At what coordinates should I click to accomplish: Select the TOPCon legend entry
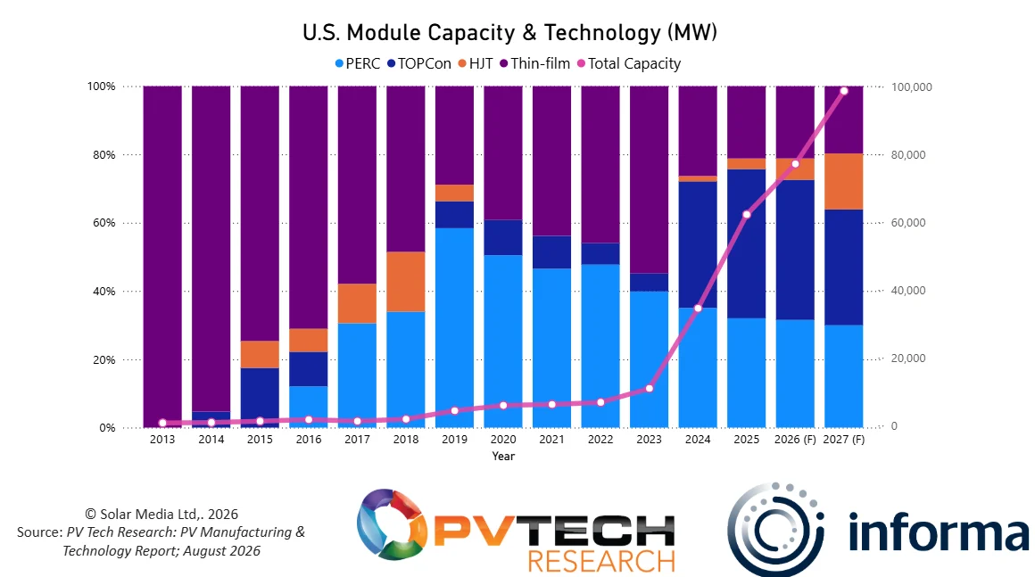(419, 63)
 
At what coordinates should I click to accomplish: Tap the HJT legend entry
(476, 63)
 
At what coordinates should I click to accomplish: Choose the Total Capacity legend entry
(629, 63)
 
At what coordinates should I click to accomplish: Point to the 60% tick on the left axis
(103, 223)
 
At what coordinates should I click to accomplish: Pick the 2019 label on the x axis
(454, 439)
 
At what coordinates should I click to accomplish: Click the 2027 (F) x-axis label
(843, 439)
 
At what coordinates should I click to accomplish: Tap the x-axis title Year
(503, 456)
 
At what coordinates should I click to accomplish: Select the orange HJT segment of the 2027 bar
(843, 181)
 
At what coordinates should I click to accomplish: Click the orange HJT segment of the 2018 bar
(406, 282)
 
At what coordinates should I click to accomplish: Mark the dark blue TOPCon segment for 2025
(747, 244)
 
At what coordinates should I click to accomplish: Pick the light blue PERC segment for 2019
(454, 327)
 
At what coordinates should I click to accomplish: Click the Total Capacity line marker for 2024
(698, 309)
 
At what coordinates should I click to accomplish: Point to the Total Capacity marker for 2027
(843, 91)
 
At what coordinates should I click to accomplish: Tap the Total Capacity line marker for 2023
(649, 389)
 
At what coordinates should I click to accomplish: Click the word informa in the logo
(939, 532)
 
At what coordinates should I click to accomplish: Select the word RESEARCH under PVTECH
(601, 561)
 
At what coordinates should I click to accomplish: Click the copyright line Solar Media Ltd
(161, 515)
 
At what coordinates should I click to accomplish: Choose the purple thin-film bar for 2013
(162, 257)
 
